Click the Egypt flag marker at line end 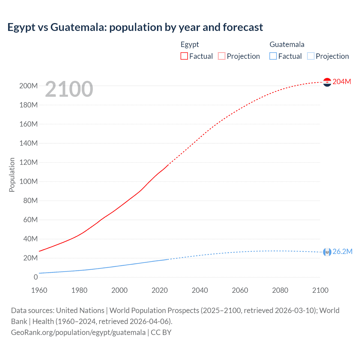(327, 82)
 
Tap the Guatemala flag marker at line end (327, 252)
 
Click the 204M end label (342, 82)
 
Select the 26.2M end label (342, 251)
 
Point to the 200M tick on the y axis (28, 86)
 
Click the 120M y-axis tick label (28, 162)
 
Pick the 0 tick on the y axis (36, 277)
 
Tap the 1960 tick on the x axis (39, 290)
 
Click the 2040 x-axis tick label (200, 290)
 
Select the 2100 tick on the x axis (320, 290)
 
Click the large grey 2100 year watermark (69, 89)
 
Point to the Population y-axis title (12, 175)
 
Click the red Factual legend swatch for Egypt (184, 56)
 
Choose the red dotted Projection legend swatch (222, 56)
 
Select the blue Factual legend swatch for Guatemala (273, 56)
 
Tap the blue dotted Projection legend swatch (311, 56)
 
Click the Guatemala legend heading (287, 44)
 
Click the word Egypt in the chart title (21, 27)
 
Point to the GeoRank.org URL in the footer (78, 332)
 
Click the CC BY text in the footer (161, 332)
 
